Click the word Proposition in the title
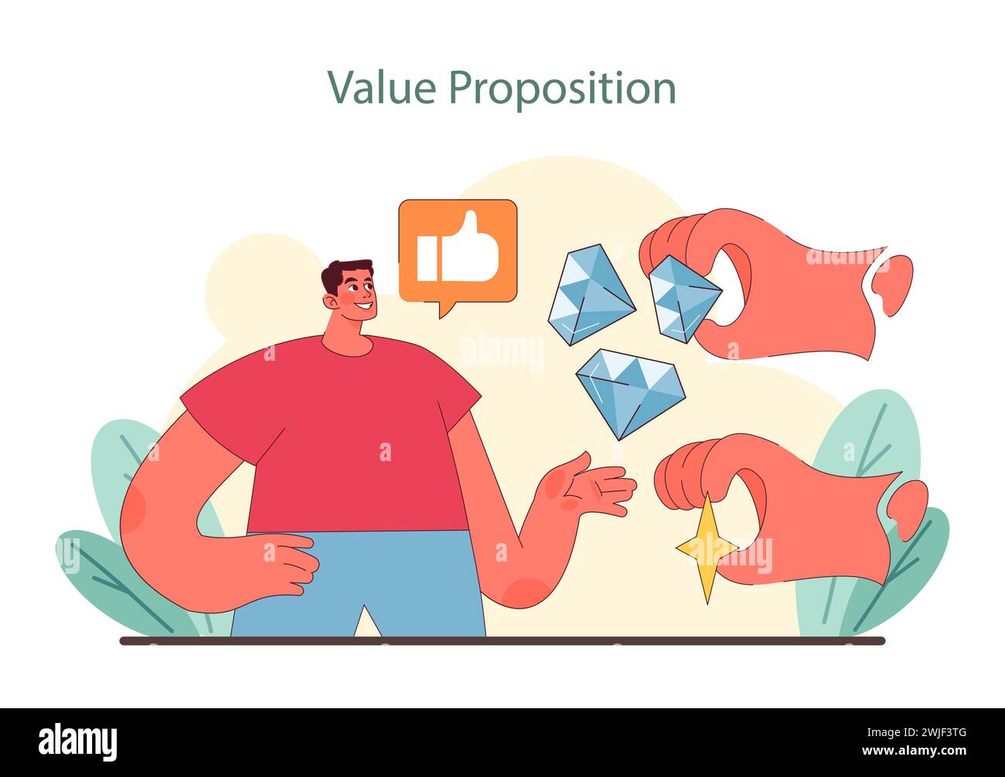[562, 89]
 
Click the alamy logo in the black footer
[77, 741]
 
